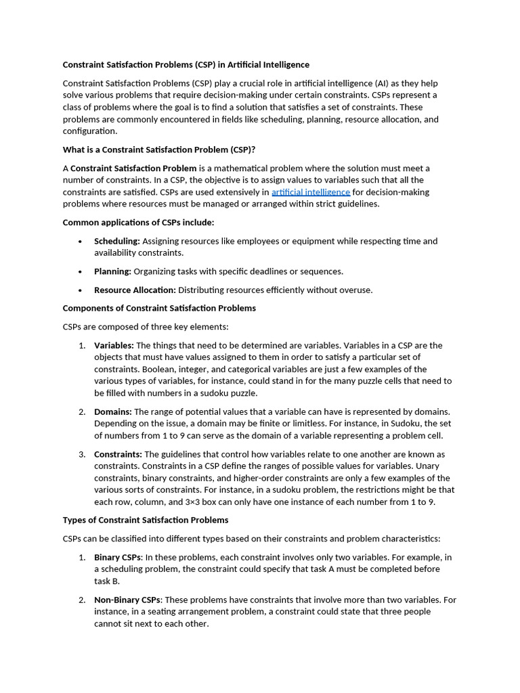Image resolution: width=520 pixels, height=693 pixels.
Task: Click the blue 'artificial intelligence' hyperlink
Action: click(x=311, y=192)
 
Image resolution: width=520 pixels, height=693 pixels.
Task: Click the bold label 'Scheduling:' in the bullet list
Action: click(x=116, y=241)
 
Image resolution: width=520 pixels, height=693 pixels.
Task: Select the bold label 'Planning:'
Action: click(x=112, y=271)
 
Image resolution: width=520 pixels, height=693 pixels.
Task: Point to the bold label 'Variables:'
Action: click(x=114, y=345)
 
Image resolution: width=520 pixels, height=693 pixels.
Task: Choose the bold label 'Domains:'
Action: click(x=113, y=411)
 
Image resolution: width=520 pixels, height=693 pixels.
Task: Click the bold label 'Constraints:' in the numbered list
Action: click(x=118, y=454)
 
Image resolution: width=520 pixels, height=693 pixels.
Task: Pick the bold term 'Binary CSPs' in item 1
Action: click(x=118, y=557)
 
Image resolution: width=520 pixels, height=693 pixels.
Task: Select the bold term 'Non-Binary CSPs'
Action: click(x=127, y=600)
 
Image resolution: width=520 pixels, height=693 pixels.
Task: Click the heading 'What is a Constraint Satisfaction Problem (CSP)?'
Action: click(x=158, y=150)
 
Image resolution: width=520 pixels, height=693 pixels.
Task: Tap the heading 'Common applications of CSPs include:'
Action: click(x=138, y=222)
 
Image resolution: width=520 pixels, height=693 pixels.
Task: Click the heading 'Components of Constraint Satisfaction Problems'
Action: click(x=159, y=308)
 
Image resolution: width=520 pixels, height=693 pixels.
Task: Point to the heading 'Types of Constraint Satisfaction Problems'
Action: click(x=146, y=520)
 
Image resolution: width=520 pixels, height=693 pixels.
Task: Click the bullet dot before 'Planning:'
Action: click(x=80, y=271)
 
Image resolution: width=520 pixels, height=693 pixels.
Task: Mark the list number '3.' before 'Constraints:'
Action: click(x=82, y=454)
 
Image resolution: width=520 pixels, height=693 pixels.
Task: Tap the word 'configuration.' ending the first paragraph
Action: click(x=90, y=131)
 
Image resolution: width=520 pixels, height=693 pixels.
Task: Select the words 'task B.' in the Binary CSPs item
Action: click(x=107, y=581)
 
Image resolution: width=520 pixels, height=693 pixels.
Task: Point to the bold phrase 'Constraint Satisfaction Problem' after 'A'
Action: click(x=133, y=168)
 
